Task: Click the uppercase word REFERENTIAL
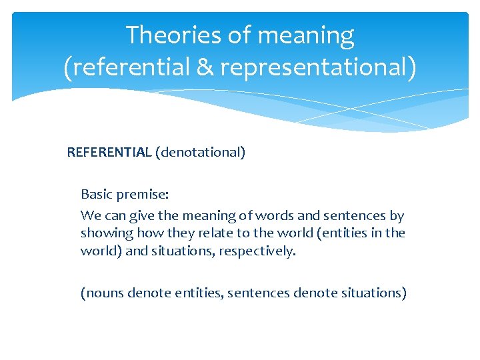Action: click(109, 153)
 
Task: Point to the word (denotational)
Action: click(201, 153)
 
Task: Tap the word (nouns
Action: click(102, 293)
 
